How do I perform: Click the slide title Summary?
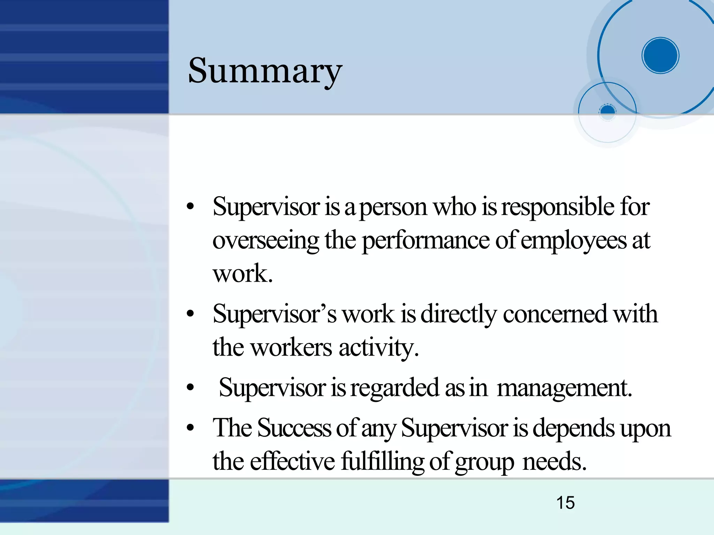click(265, 71)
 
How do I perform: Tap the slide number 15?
click(565, 503)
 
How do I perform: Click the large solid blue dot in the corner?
click(660, 55)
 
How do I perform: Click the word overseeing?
click(266, 240)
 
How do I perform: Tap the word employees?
click(574, 240)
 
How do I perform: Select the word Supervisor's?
click(274, 314)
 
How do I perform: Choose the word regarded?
click(395, 388)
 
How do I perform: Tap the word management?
click(564, 388)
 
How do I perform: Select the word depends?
click(573, 428)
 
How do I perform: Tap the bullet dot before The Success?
click(190, 428)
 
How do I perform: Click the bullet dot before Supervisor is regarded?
click(190, 388)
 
